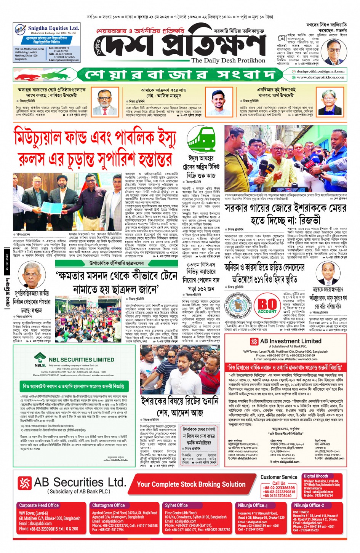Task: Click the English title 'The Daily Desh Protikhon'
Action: pyautogui.click(x=228, y=60)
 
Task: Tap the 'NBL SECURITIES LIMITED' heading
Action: pyautogui.click(x=81, y=359)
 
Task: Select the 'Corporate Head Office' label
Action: pyautogui.click(x=39, y=505)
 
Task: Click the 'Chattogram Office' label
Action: pyautogui.click(x=108, y=505)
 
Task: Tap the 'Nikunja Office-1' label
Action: pyautogui.click(x=253, y=505)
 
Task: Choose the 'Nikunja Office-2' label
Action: pyautogui.click(x=309, y=505)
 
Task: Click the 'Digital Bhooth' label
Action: pyautogui.click(x=316, y=476)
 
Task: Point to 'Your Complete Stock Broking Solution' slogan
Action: pyautogui.click(x=191, y=484)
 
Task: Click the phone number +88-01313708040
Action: pyautogui.click(x=277, y=495)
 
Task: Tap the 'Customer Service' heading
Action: pyautogui.click(x=279, y=477)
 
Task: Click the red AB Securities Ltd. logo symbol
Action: pyautogui.click(x=24, y=483)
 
